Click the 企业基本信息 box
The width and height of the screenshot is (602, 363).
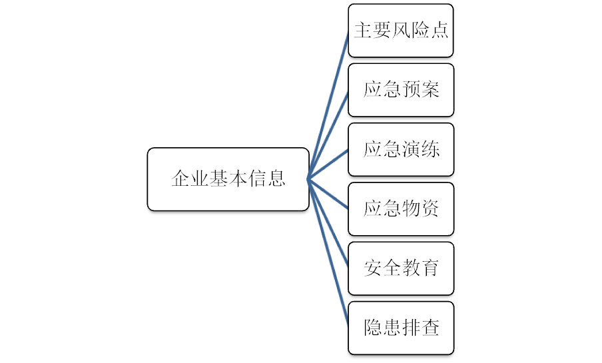pos(228,179)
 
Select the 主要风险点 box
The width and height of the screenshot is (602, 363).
pos(401,31)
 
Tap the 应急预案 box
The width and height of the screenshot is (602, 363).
pos(401,90)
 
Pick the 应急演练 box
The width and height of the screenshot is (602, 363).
pos(401,149)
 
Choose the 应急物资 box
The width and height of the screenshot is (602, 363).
pos(401,209)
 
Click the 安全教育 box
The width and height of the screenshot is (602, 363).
pos(401,268)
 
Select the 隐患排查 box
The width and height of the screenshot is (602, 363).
pos(401,328)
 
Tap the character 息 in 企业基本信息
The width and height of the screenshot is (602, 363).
pos(276,179)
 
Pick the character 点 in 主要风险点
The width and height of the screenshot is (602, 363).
pos(440,31)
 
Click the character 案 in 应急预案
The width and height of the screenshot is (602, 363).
pos(430,90)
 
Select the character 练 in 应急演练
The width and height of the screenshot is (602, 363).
pos(430,149)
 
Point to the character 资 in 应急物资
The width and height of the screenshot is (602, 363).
pos(430,209)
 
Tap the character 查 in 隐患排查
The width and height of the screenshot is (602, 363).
pos(430,328)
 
